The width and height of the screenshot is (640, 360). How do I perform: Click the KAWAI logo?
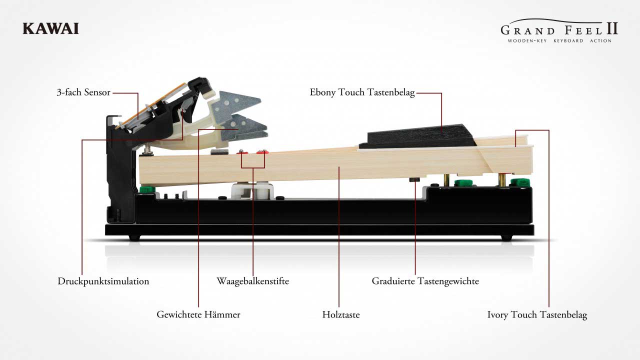50,28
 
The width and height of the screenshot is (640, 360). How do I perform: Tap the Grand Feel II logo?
559,31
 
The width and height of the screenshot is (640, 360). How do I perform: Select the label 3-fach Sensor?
83,92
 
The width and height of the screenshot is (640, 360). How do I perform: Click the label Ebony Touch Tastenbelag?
362,92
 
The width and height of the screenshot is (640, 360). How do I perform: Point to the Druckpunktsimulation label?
103,281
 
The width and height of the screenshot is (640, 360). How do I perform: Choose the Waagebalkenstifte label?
253,281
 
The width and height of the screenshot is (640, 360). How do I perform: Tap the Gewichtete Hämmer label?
198,314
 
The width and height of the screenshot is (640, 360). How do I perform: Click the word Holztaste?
341,314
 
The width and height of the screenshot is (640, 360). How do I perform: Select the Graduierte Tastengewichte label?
425,281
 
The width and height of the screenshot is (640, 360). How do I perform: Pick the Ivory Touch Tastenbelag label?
537,314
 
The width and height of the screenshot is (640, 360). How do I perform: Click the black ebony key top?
417,136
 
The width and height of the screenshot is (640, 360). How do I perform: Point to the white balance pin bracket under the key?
252,191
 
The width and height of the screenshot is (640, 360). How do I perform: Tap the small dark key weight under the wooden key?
414,179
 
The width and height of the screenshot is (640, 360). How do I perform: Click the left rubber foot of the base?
134,237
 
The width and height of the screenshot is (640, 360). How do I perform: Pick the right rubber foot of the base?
506,237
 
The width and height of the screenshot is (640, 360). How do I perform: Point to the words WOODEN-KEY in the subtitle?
527,41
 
